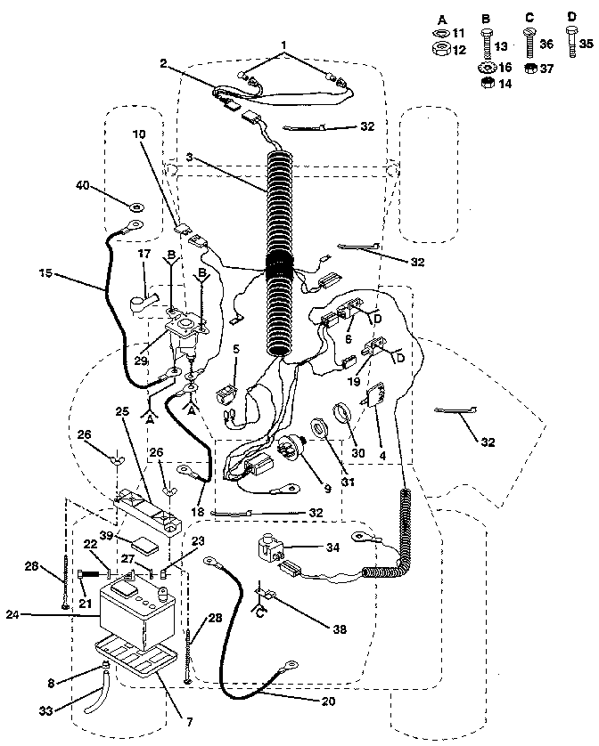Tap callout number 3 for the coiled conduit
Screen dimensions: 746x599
(x=189, y=158)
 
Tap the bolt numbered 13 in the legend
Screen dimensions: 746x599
(x=501, y=46)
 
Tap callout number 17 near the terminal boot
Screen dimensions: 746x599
(x=141, y=255)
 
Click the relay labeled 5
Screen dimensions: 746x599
(x=228, y=393)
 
